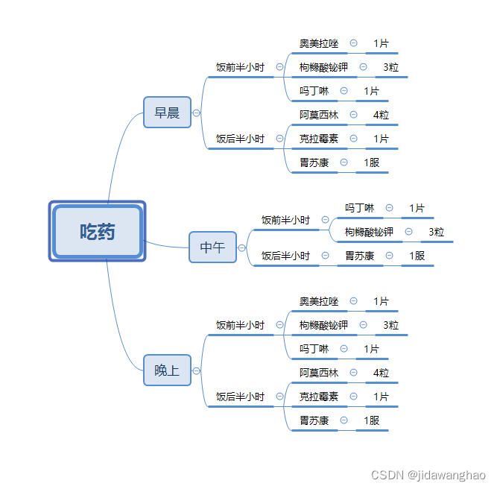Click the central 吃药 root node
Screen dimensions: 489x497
coord(97,231)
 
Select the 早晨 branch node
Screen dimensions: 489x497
coord(167,113)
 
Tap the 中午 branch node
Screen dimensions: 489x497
coord(212,247)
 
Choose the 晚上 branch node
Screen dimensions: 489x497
coord(167,370)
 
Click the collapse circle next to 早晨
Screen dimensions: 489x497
coord(197,113)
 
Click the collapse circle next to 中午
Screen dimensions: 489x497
coord(241,247)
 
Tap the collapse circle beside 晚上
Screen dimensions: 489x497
coord(197,370)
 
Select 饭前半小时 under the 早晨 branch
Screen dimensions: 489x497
coord(240,67)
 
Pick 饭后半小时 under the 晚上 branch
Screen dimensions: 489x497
coord(240,397)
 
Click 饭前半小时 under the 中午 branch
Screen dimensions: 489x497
coord(285,220)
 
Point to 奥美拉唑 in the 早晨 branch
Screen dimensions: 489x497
coord(319,43)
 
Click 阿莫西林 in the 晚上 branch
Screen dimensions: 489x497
coord(319,373)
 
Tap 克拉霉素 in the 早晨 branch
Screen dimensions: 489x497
coord(319,139)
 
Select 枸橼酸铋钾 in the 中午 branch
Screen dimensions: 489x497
coord(369,232)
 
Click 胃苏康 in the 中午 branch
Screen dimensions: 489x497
coord(359,256)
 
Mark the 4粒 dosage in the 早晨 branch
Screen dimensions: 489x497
coord(381,115)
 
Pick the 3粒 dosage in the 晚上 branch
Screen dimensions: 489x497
coord(391,325)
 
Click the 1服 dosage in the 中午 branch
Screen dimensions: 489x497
coord(417,256)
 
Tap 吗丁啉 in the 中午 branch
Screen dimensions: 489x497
coord(359,208)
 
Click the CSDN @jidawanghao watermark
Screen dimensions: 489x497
coord(428,475)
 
